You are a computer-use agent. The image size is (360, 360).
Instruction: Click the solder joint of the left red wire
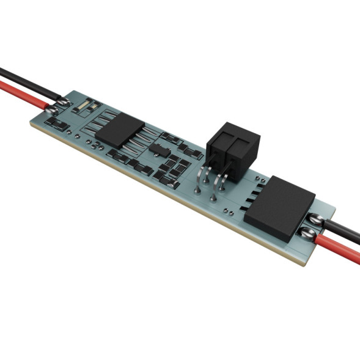point(53,109)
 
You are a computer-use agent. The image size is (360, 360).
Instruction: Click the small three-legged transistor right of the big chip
point(158,149)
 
